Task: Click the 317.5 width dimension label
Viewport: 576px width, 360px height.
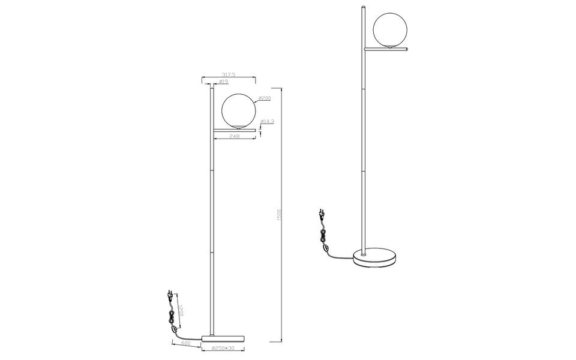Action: click(227, 74)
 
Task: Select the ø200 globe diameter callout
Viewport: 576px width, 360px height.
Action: click(265, 98)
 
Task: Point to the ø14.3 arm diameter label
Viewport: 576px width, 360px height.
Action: click(268, 122)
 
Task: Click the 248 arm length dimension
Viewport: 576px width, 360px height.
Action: click(235, 136)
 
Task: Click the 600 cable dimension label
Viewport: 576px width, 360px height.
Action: click(186, 343)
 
